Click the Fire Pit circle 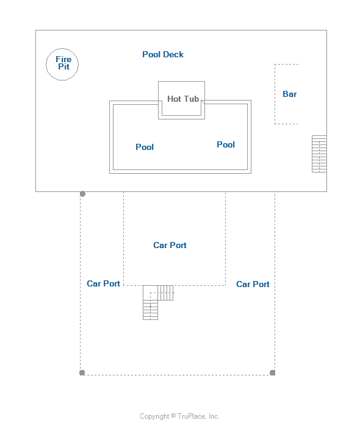click(46, 65)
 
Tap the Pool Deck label click(163, 54)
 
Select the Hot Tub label click(183, 99)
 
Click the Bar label click(289, 94)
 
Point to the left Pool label click(145, 147)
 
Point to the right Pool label click(226, 144)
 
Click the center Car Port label click(170, 245)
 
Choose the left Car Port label click(103, 283)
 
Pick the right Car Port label click(253, 284)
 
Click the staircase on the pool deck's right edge click(319, 154)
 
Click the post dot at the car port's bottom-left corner click(82, 372)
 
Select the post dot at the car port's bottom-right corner click(273, 372)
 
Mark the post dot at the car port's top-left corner click(82, 194)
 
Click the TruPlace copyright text click(179, 416)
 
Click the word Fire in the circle click(63, 59)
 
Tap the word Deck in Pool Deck click(173, 54)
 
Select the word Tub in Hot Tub click(191, 99)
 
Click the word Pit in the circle click(63, 66)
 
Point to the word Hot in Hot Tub click(174, 99)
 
